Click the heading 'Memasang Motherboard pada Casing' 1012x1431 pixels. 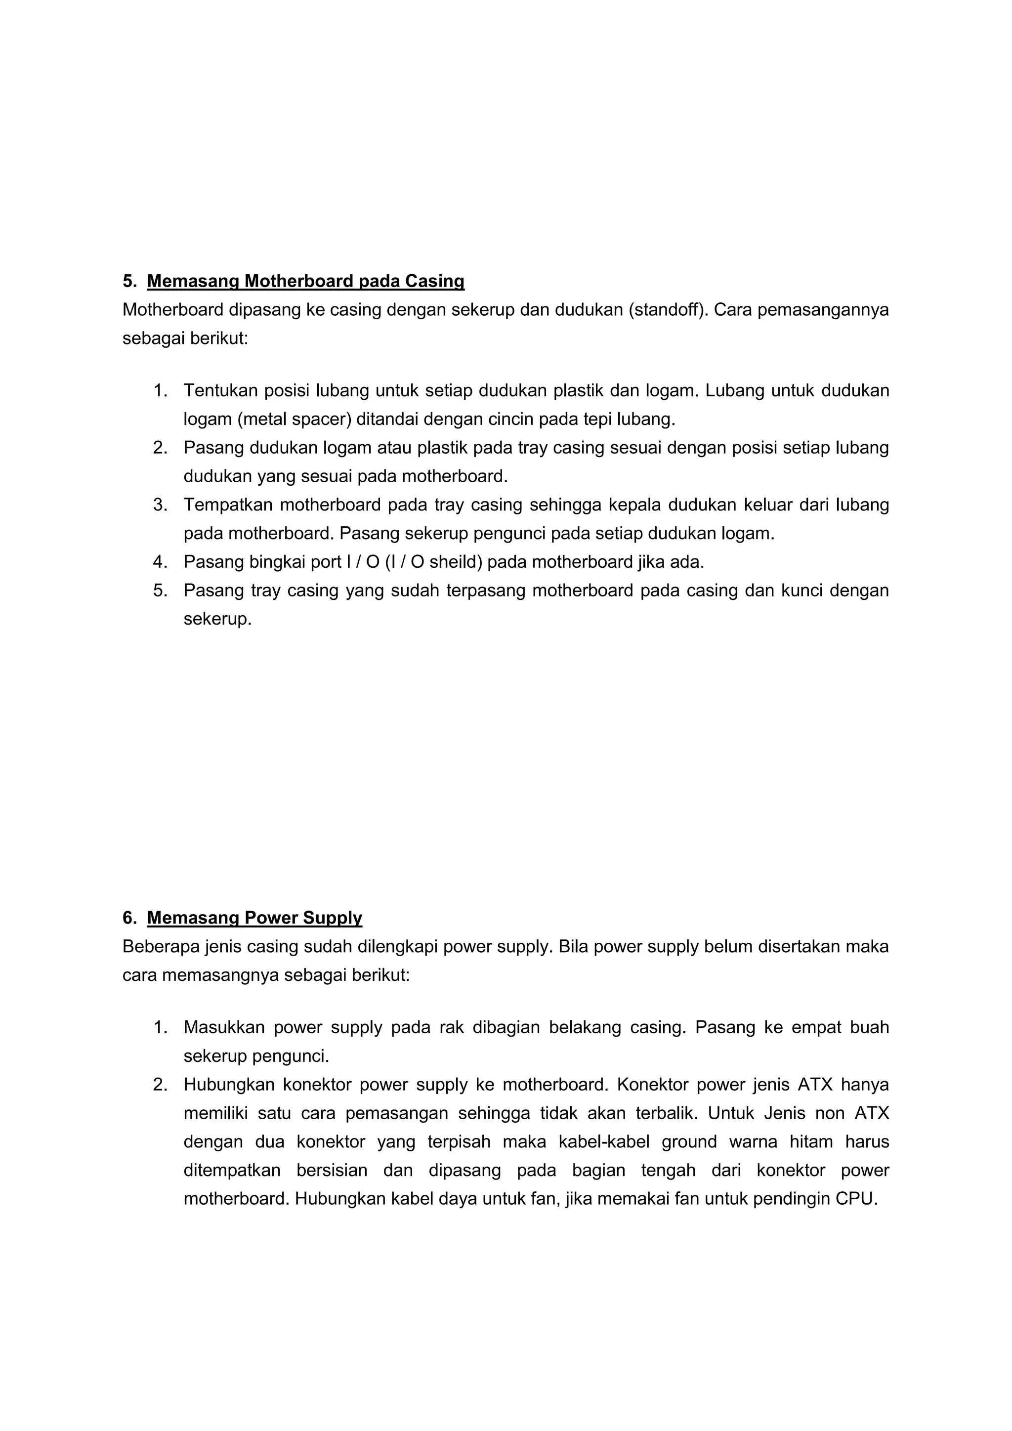[x=305, y=282]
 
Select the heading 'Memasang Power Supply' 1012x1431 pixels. [x=254, y=918]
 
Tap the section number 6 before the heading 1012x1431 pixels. [x=129, y=918]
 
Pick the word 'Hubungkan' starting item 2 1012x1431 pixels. [x=229, y=1085]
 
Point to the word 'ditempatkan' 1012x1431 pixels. [x=232, y=1171]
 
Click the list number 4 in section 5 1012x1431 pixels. [x=160, y=562]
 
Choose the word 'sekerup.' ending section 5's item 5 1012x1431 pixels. [x=217, y=620]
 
